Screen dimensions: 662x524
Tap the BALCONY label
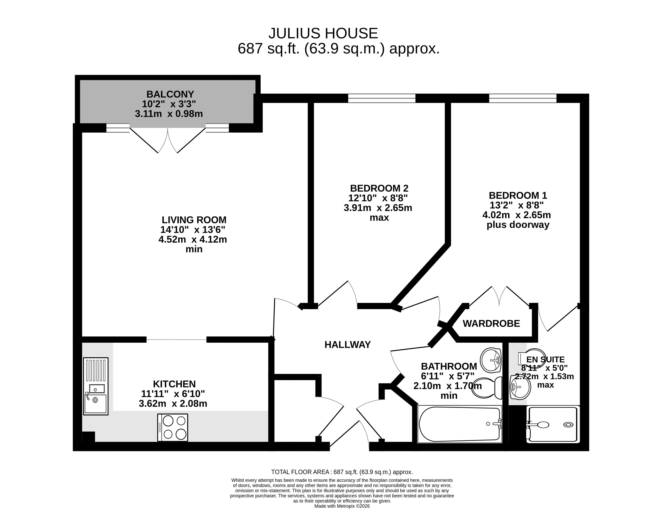click(170, 94)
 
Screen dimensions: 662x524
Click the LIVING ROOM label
click(194, 220)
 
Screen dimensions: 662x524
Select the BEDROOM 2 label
click(379, 188)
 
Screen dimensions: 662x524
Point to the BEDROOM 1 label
click(518, 196)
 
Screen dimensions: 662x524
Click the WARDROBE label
click(491, 324)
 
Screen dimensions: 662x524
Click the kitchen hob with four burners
click(173, 428)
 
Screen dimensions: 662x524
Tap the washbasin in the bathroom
click(491, 360)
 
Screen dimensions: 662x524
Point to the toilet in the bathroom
click(486, 388)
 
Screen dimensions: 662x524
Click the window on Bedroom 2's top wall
click(382, 98)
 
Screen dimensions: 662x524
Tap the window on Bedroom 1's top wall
click(523, 98)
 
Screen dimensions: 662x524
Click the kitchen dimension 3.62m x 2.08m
click(173, 403)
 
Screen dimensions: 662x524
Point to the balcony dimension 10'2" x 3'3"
click(169, 104)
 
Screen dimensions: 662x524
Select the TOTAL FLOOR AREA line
click(342, 472)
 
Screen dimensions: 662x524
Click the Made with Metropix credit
click(342, 506)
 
